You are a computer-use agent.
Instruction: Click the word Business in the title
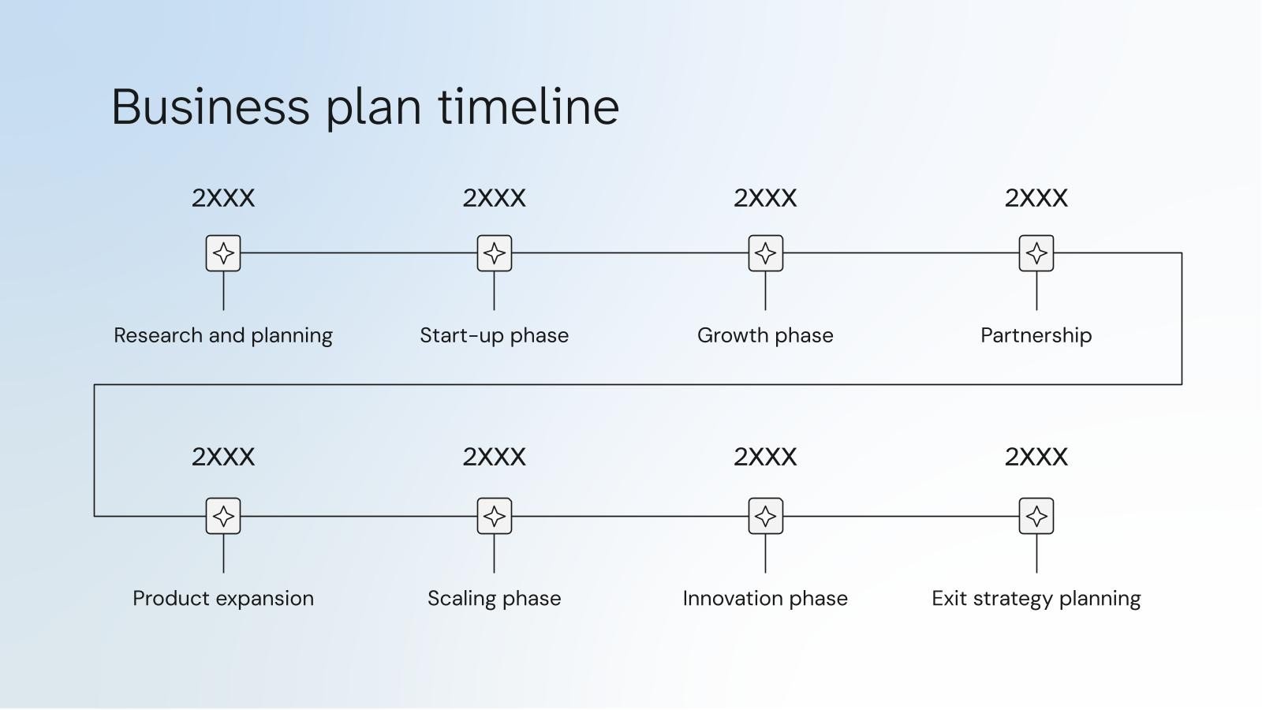pos(211,106)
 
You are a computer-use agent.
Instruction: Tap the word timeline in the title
pos(528,106)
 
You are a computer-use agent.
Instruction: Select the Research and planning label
pos(223,335)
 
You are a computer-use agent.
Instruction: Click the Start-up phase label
pos(494,335)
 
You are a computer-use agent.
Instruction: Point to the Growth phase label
pos(765,335)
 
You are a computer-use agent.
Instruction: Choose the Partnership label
pos(1036,335)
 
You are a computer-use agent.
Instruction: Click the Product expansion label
pos(223,598)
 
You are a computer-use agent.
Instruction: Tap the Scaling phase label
pos(494,598)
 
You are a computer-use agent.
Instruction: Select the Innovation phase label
pos(765,598)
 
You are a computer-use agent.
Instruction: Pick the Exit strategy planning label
pos(1036,598)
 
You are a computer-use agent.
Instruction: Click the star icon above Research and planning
pos(223,253)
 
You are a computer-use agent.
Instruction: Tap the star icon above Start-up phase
pos(495,253)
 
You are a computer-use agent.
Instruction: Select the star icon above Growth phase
pos(765,253)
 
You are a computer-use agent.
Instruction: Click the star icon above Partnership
pos(1036,253)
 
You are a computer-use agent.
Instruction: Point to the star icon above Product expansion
pos(223,516)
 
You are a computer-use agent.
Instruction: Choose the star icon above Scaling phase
pos(495,516)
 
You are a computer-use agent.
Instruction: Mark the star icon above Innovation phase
pos(765,516)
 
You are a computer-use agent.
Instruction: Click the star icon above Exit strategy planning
pos(1036,516)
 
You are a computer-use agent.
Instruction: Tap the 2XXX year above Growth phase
pos(765,197)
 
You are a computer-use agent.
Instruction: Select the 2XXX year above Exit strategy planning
pos(1036,456)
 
